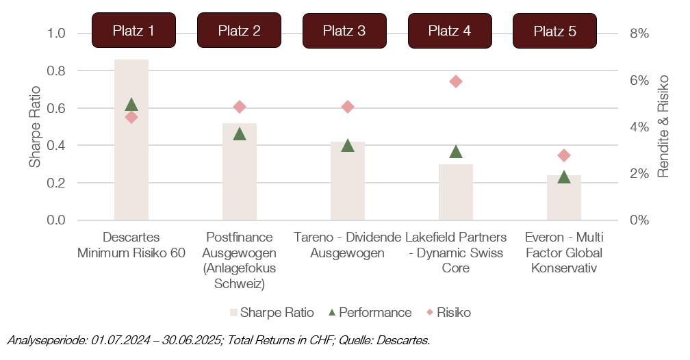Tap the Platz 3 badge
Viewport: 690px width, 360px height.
click(344, 31)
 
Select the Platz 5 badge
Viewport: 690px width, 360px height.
click(554, 31)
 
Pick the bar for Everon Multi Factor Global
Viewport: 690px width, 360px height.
click(564, 202)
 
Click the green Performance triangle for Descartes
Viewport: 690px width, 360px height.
click(131, 105)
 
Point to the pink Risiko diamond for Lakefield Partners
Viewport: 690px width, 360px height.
click(456, 81)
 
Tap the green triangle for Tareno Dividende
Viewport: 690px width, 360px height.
click(348, 146)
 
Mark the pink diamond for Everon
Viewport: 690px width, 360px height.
click(564, 155)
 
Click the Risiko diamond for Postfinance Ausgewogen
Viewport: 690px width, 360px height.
click(240, 107)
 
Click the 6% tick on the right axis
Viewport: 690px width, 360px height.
click(638, 80)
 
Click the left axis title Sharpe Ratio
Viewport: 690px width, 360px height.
click(34, 127)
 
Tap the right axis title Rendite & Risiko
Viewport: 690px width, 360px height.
click(663, 127)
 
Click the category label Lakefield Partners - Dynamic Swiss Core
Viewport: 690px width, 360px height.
click(456, 253)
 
